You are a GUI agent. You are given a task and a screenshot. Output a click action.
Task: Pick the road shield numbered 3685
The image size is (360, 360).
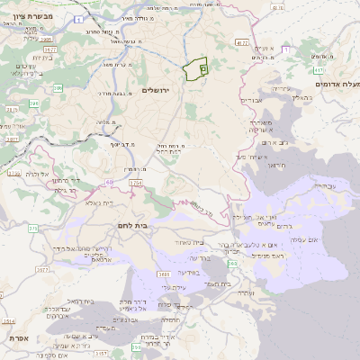164,273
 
